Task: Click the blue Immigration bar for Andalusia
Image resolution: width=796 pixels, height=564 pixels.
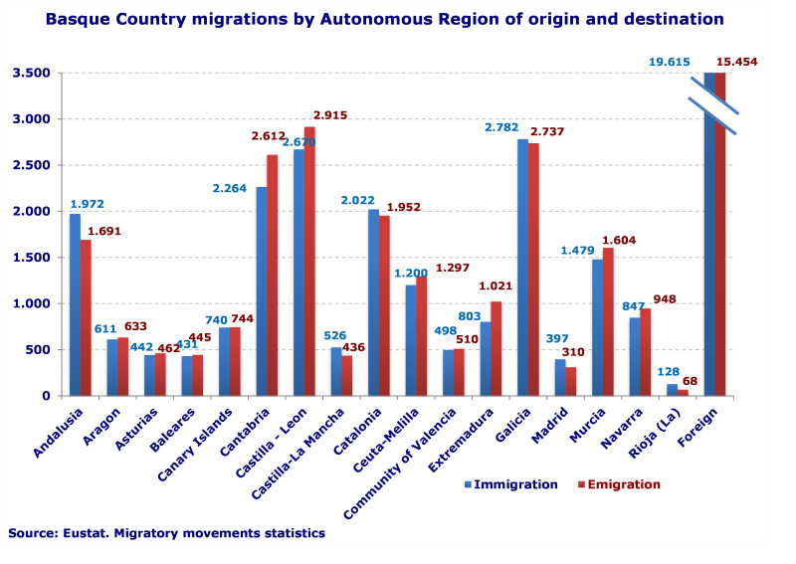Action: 75,304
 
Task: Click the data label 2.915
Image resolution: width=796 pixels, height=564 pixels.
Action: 330,115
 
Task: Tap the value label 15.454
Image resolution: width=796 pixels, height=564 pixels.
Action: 737,62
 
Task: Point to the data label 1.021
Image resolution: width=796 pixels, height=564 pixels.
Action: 496,286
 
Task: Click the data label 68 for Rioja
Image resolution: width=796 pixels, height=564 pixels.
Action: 688,381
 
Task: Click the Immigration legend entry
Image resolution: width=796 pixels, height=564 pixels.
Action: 509,484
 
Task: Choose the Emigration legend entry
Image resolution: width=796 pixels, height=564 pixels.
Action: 619,484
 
